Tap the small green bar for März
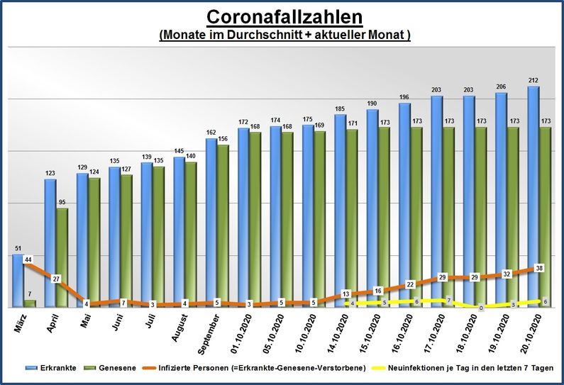pyautogui.click(x=30, y=303)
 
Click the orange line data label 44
pyautogui.click(x=28, y=260)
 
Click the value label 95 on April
pyautogui.click(x=63, y=201)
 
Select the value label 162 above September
pyautogui.click(x=211, y=132)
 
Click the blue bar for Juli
pyautogui.click(x=147, y=234)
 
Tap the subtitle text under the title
pyautogui.click(x=284, y=35)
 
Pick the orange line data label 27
pyautogui.click(x=57, y=279)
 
